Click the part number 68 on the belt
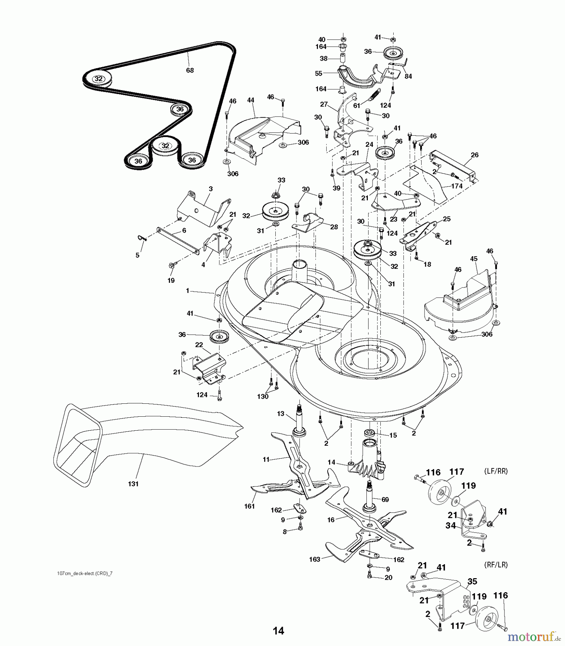coord(190,70)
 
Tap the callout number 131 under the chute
coord(133,484)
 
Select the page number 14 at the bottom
coord(278,631)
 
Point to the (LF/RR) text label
coord(496,471)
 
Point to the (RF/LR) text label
coord(496,565)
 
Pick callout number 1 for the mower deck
coord(187,291)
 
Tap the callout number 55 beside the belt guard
coord(318,73)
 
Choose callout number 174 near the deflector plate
coord(456,186)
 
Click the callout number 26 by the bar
coord(475,155)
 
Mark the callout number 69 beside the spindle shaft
coord(385,499)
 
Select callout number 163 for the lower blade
coord(315,559)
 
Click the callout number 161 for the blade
coord(249,506)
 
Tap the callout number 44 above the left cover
coord(251,100)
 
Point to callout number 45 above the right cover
coord(474,269)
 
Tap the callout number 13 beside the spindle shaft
coord(280,413)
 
